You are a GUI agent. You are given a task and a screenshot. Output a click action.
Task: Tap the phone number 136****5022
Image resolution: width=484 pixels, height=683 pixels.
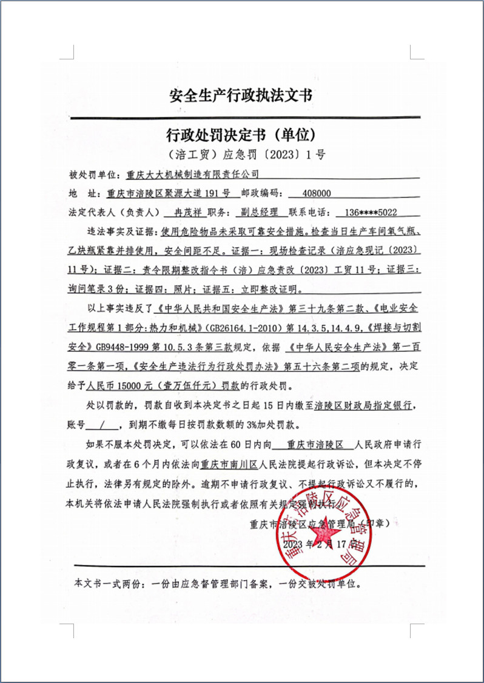pyautogui.click(x=371, y=213)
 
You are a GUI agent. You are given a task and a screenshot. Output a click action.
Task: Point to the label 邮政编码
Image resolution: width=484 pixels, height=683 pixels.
pyautogui.click(x=262, y=193)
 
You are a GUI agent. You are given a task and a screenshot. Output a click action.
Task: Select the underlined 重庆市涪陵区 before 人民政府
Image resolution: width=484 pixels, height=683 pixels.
pyautogui.click(x=312, y=445)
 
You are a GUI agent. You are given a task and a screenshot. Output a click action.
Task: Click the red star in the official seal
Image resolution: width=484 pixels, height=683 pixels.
pyautogui.click(x=326, y=532)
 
